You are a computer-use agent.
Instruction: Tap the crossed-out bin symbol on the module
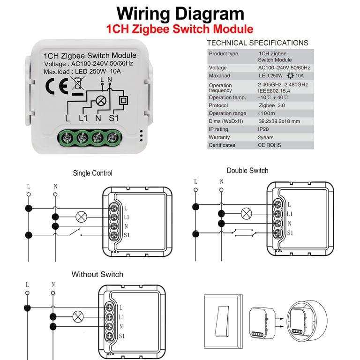tap(77, 85)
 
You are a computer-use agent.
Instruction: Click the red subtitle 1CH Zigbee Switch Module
tap(180, 29)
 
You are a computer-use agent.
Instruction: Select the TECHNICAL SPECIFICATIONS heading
tap(257, 43)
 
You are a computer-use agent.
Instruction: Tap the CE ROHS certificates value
tap(270, 145)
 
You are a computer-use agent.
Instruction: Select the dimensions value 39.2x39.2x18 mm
tap(279, 121)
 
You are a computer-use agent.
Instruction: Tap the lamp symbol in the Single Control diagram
tap(82, 217)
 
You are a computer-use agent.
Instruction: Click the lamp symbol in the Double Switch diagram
tap(246, 214)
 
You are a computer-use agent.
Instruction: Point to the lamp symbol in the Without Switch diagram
tap(78, 317)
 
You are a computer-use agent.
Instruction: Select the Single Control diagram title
tap(92, 173)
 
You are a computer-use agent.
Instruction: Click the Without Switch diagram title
tap(97, 274)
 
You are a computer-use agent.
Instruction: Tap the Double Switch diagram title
tap(247, 171)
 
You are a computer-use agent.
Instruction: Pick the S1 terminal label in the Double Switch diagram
tap(290, 232)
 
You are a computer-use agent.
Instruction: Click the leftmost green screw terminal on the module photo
tap(67, 138)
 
